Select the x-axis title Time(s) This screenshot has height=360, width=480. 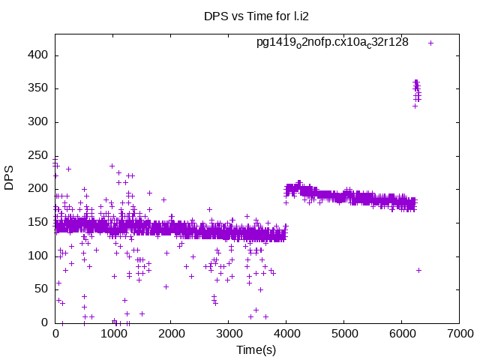pos(257,349)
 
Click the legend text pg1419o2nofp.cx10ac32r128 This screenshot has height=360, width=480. pos(332,42)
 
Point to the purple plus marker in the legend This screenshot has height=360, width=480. pos(430,43)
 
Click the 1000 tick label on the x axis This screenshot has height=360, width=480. pos(113,334)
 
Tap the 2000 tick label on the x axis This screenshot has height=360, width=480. pos(171,334)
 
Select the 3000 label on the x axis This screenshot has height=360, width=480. pos(229,334)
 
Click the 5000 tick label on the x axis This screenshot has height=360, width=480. pos(343,334)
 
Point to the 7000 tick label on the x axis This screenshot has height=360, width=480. pos(459,334)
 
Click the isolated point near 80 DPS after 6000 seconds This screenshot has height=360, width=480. pos(418,270)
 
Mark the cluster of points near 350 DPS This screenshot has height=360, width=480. pos(417,91)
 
